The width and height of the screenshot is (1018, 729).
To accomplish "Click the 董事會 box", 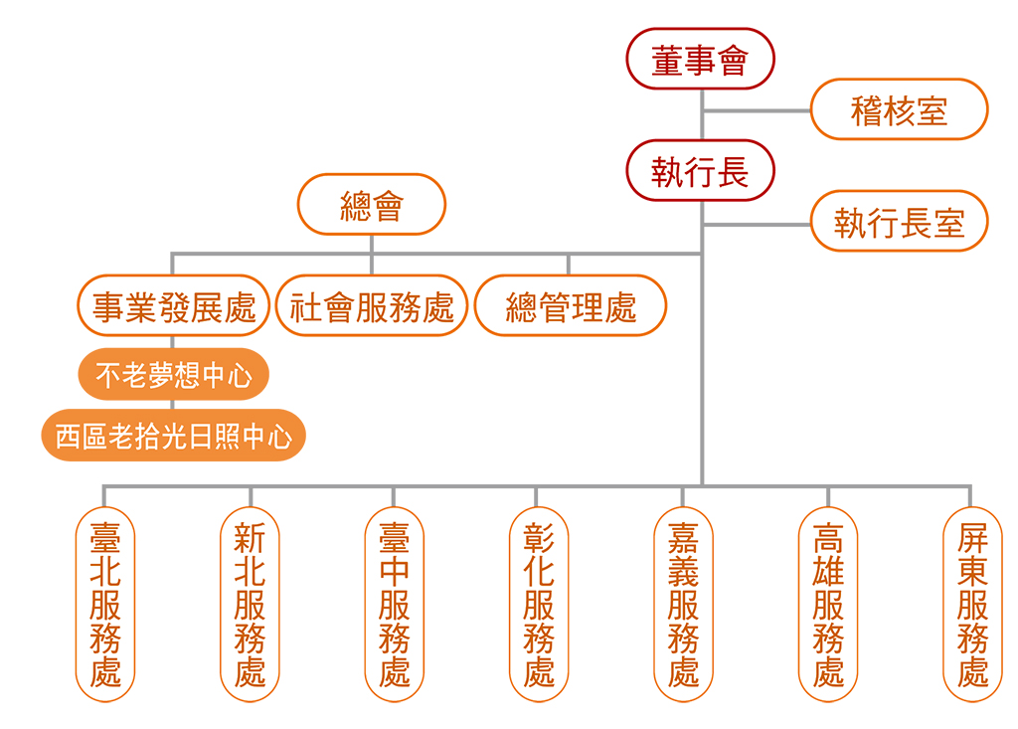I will click(700, 59).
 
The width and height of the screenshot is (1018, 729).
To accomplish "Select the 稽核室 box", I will click(899, 109).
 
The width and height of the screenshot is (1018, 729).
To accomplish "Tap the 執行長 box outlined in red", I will click(700, 171).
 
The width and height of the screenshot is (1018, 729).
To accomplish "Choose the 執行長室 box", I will click(899, 222).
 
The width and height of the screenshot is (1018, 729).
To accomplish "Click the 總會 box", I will click(372, 205).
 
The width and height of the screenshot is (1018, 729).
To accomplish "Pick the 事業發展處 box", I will click(174, 306).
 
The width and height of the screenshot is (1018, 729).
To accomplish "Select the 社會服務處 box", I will click(372, 306).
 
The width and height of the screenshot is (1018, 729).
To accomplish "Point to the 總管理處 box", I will click(571, 306).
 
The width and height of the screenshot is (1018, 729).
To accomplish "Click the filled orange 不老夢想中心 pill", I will click(174, 375).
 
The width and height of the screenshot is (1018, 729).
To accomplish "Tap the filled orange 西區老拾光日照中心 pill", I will click(174, 436).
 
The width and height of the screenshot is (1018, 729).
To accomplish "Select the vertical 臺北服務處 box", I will click(105, 604).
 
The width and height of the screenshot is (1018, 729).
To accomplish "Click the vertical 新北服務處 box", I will click(250, 604).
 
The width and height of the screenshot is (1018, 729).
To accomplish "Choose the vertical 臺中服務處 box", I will click(394, 604).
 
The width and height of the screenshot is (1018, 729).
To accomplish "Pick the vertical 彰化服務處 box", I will click(539, 604).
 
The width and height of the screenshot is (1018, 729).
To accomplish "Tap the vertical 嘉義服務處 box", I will click(683, 604).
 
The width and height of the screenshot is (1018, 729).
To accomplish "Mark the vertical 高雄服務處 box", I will click(828, 604).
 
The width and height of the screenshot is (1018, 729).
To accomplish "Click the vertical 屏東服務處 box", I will click(972, 604).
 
